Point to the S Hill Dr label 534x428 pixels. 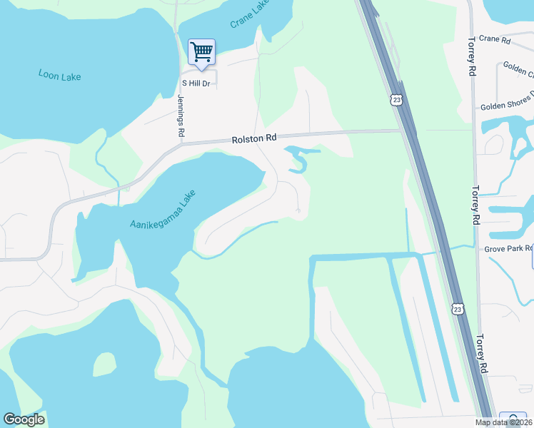pyautogui.click(x=195, y=83)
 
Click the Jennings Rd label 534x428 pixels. pyautogui.click(x=181, y=115)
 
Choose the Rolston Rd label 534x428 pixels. pyautogui.click(x=253, y=139)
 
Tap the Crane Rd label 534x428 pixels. pyautogui.click(x=495, y=40)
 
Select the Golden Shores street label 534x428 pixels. pyautogui.click(x=507, y=102)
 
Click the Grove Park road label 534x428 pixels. pyautogui.click(x=508, y=248)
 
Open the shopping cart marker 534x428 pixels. pyautogui.click(x=201, y=51)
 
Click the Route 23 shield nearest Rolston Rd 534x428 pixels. pyautogui.click(x=396, y=99)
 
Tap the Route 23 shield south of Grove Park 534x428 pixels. pyautogui.click(x=457, y=307)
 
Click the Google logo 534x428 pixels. pyautogui.click(x=24, y=419)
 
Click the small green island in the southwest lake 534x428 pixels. pyautogui.click(x=104, y=364)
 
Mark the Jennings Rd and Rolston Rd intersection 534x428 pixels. pyautogui.click(x=181, y=142)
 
